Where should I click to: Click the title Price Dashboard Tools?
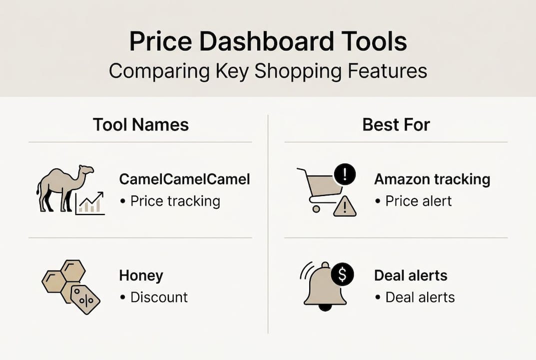tap(268, 42)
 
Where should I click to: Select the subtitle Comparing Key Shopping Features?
tap(268, 71)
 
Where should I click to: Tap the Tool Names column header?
tap(140, 124)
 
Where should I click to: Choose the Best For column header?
tap(396, 124)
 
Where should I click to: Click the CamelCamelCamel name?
tap(184, 179)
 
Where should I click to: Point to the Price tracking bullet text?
tap(175, 201)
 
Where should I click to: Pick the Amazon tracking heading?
tap(432, 179)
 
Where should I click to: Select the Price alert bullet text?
tap(418, 201)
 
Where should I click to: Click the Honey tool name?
tap(141, 275)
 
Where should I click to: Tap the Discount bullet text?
tap(159, 297)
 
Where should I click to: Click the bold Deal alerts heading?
tap(411, 275)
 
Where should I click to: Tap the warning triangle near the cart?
tap(345, 206)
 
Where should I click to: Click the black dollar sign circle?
tap(343, 273)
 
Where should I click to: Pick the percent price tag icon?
tap(85, 299)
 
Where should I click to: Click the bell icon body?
tap(325, 287)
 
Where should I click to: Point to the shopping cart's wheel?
tap(316, 209)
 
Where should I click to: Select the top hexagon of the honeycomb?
tap(73, 270)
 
